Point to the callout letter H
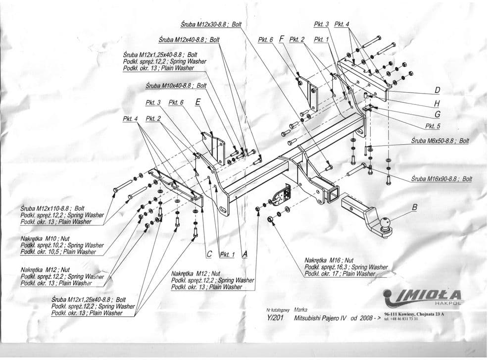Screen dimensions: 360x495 [x=437, y=103]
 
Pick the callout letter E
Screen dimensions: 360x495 [x=198, y=103]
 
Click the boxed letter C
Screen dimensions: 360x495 [x=209, y=254]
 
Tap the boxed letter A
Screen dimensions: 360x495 [x=245, y=254]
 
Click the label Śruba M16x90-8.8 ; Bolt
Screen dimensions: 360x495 [x=442, y=179]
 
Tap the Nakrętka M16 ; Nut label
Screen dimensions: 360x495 [x=329, y=259]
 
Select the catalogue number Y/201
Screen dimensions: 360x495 [x=272, y=318]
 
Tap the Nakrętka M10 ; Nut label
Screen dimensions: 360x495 [x=41, y=238]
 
